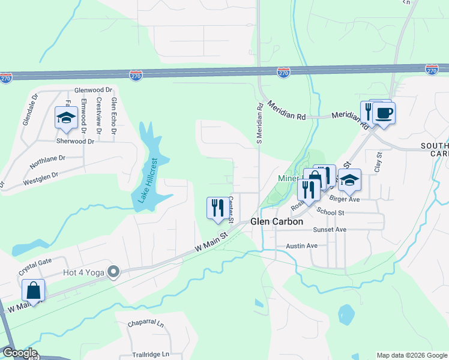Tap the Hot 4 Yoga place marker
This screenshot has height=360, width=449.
pyautogui.click(x=111, y=272)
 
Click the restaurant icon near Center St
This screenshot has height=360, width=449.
pyautogui.click(x=215, y=208)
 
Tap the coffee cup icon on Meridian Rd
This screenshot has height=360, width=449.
pyautogui.click(x=384, y=112)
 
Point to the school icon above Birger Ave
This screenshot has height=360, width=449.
pyautogui.click(x=349, y=179)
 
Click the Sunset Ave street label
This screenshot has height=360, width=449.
pyautogui.click(x=330, y=230)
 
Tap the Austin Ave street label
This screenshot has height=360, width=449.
pyautogui.click(x=301, y=245)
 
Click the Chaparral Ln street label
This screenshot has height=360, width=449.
pyautogui.click(x=145, y=323)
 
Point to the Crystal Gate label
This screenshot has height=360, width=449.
pyautogui.click(x=35, y=262)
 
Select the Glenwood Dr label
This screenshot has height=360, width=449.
pyautogui.click(x=93, y=89)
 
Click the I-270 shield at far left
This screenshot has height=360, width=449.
pyautogui.click(x=6, y=79)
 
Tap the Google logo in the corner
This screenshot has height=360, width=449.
pyautogui.click(x=19, y=353)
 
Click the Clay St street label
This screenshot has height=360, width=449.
pyautogui.click(x=378, y=163)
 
